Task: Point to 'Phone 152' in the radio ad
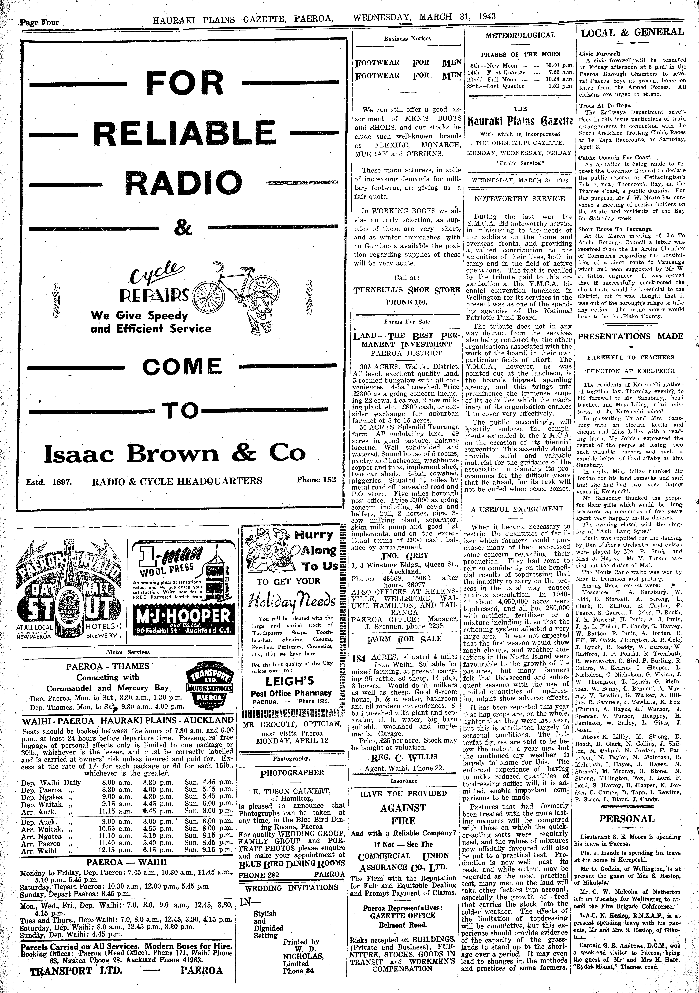pos(316,479)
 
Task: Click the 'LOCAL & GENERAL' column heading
pos(632,32)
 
